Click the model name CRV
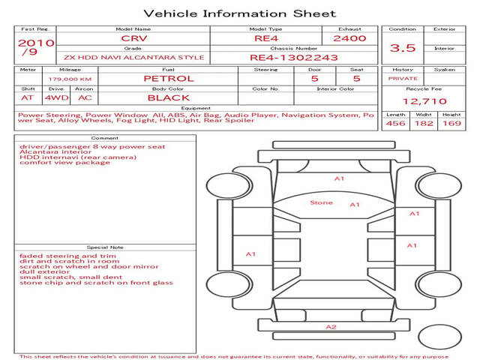(134, 38)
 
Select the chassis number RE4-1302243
(294, 58)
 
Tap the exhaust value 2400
(349, 38)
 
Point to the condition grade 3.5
(403, 48)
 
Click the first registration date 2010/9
(36, 47)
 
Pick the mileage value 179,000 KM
(70, 79)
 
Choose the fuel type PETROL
(169, 79)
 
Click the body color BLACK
(169, 98)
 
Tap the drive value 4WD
(56, 98)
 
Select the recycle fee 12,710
(424, 101)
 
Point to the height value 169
(451, 123)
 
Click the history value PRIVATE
(403, 79)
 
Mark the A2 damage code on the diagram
(331, 327)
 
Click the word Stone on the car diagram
(321, 202)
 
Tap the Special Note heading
(105, 247)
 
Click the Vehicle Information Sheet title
(240, 13)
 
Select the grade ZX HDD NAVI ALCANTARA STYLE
(133, 58)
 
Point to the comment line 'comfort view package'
(64, 163)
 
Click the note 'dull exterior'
(44, 271)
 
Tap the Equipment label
(196, 108)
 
